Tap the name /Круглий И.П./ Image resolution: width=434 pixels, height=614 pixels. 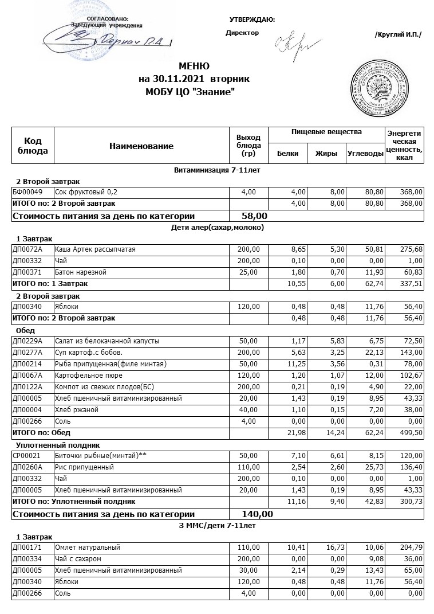coord(398,35)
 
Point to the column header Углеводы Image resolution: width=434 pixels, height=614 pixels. coord(365,154)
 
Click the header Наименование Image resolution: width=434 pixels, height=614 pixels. coord(141,146)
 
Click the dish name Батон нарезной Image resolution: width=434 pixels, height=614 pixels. coord(80,272)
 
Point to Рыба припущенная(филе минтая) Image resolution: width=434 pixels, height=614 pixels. coord(111,363)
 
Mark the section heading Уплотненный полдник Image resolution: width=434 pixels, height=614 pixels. coord(58,444)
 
